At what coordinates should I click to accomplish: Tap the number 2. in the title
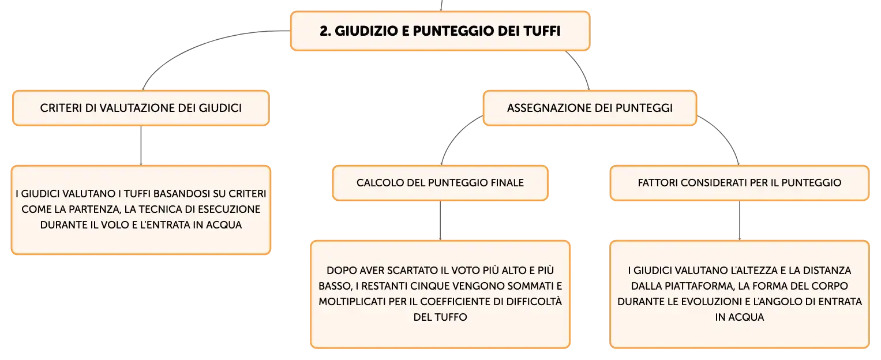pos(325,31)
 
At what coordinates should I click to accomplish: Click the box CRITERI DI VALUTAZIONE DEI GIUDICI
pos(141,108)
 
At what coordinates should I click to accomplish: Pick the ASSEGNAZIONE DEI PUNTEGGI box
pos(590,108)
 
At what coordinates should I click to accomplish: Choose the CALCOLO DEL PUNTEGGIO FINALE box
pos(440,183)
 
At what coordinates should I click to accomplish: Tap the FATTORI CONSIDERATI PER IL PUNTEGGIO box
pos(740,183)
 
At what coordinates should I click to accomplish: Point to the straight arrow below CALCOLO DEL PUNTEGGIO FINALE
pos(440,220)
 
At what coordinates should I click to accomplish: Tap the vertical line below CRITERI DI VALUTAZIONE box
pos(141,145)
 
